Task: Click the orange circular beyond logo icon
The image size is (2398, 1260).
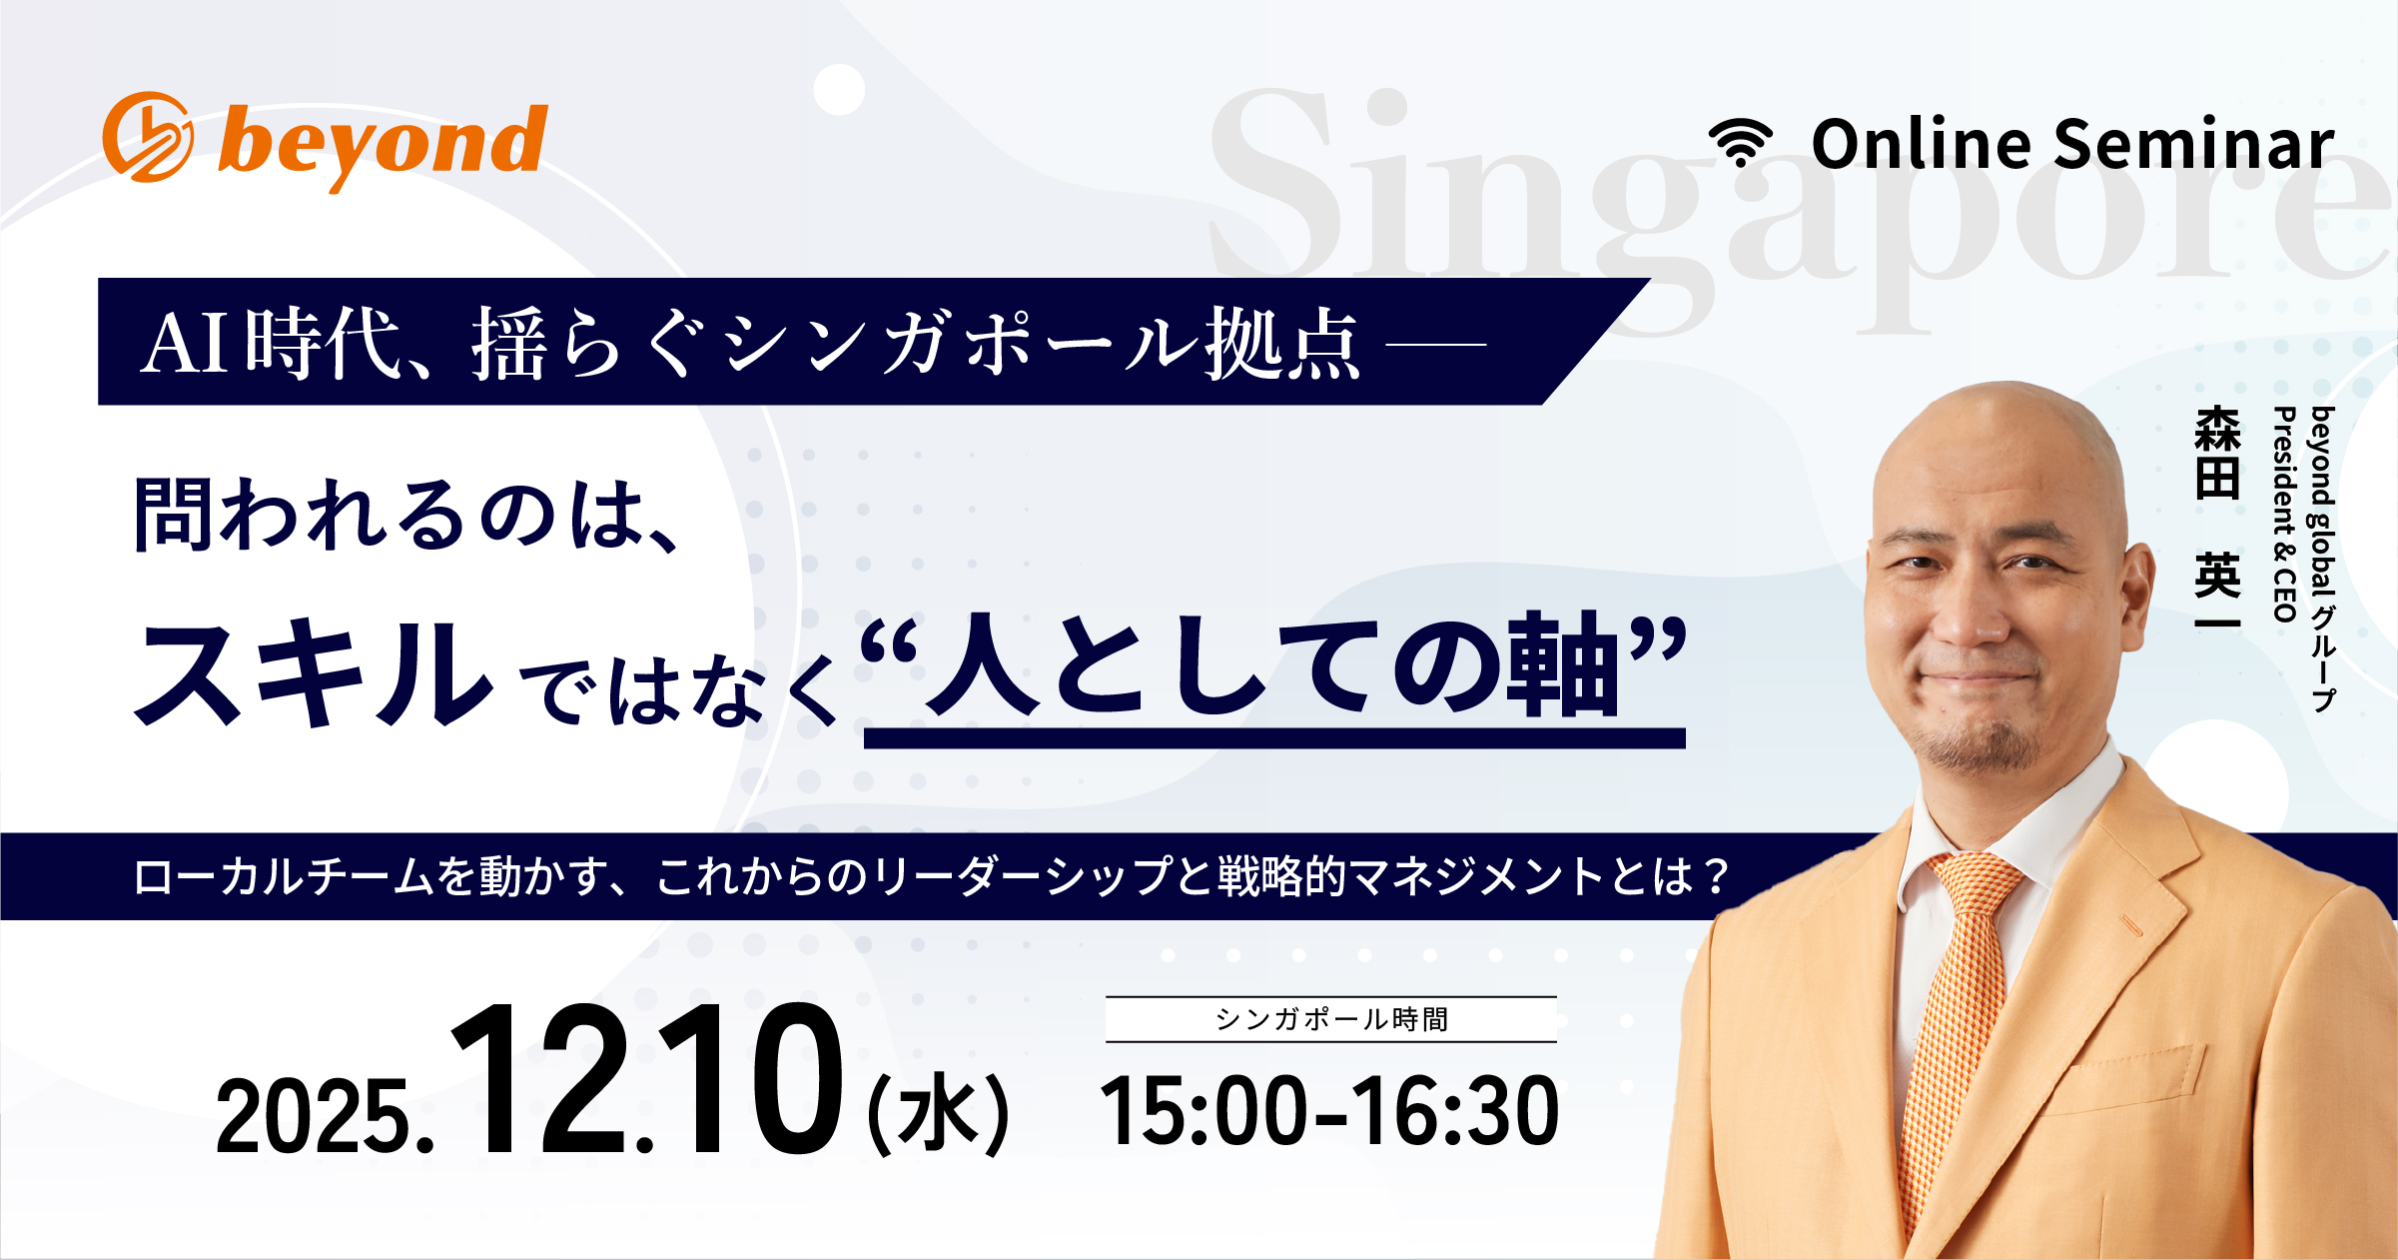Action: coord(148,137)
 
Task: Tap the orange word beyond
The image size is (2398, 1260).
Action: coord(383,145)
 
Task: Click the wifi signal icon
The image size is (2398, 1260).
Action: coord(1740,143)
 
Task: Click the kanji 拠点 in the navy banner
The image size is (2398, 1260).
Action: coord(1282,344)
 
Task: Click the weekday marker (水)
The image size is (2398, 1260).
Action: coord(938,1113)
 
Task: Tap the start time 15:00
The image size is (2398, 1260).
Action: coord(1202,1111)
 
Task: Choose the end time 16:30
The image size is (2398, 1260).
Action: coord(1457,1111)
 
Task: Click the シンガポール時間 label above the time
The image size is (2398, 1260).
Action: coord(1330,1019)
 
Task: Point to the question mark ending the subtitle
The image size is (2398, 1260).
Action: coord(1717,877)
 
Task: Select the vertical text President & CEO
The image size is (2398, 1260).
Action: coord(2284,515)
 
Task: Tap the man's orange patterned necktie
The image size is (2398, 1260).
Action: coord(1954,1019)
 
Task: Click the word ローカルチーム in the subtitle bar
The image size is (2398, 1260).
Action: coord(284,877)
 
